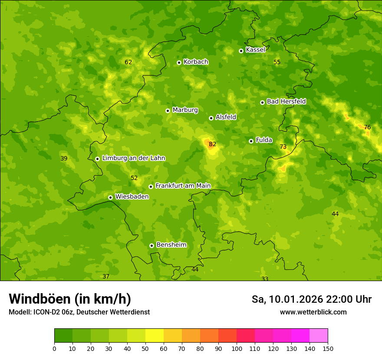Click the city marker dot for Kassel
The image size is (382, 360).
[241, 51]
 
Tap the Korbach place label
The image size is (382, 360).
[196, 62]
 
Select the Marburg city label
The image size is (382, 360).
[185, 110]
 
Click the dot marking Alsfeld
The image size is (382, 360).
[211, 118]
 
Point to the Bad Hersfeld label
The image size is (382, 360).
[286, 101]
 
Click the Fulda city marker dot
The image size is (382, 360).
[251, 141]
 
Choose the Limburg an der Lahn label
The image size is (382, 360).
[134, 158]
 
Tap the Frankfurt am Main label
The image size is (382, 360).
[183, 186]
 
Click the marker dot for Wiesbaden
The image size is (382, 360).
[110, 197]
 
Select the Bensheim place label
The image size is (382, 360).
[171, 245]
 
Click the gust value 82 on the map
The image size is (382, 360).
[212, 144]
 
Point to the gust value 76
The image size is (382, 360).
[367, 128]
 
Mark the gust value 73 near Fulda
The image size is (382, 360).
[283, 147]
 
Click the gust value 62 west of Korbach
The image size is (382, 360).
[128, 62]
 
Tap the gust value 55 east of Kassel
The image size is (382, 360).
[277, 62]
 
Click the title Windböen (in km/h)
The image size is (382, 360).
[70, 299]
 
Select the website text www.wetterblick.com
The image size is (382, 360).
[313, 312]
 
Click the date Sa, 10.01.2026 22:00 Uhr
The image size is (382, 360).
[311, 299]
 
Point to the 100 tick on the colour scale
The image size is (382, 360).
[237, 348]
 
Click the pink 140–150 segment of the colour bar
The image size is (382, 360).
[319, 336]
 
